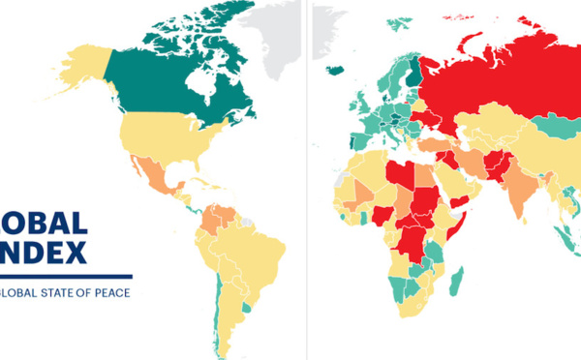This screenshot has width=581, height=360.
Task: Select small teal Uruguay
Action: coord(248,307)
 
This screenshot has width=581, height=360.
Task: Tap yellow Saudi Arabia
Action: coord(441,184)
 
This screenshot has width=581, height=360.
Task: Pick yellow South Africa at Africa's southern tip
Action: coord(412,310)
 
